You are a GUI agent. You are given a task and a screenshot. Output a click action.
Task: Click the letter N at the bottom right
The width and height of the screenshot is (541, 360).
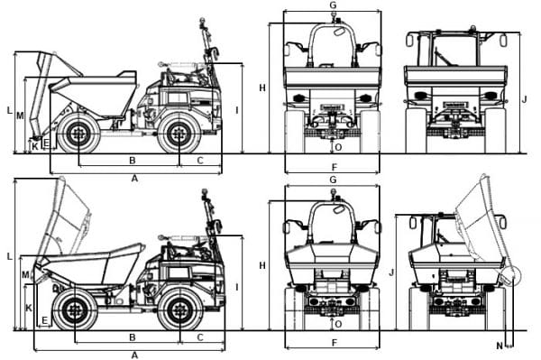pyautogui.click(x=499, y=345)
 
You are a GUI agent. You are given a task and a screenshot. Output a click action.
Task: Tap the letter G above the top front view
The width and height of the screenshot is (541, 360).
pyautogui.click(x=333, y=5)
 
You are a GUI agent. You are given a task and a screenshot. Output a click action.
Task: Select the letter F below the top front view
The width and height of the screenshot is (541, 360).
pyautogui.click(x=334, y=168)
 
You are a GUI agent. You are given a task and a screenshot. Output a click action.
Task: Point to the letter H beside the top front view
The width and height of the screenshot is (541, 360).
pyautogui.click(x=262, y=88)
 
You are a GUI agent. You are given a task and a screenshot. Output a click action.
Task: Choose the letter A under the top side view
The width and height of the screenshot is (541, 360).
pyautogui.click(x=135, y=179)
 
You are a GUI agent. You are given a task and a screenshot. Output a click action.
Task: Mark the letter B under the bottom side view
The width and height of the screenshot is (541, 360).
pyautogui.click(x=133, y=337)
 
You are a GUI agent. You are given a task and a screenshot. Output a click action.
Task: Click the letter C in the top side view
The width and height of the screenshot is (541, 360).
pyautogui.click(x=199, y=161)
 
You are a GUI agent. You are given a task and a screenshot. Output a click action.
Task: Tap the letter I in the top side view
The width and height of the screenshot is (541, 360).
pyautogui.click(x=236, y=110)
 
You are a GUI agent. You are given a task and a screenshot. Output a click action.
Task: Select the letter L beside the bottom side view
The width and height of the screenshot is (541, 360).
pyautogui.click(x=10, y=257)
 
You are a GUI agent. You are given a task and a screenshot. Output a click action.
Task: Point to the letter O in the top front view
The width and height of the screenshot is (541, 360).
pyautogui.click(x=338, y=145)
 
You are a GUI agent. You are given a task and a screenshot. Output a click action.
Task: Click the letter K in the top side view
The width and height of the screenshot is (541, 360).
pyautogui.click(x=35, y=145)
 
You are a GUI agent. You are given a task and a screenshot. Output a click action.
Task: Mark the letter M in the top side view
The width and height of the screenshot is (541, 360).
pyautogui.click(x=19, y=115)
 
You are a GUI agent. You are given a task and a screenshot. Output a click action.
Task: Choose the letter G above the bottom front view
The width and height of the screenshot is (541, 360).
pyautogui.click(x=333, y=180)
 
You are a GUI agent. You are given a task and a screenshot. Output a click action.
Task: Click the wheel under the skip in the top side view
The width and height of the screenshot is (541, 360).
pyautogui.click(x=79, y=134)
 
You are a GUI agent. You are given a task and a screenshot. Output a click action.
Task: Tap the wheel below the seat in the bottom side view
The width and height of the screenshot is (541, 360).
pyautogui.click(x=179, y=310)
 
